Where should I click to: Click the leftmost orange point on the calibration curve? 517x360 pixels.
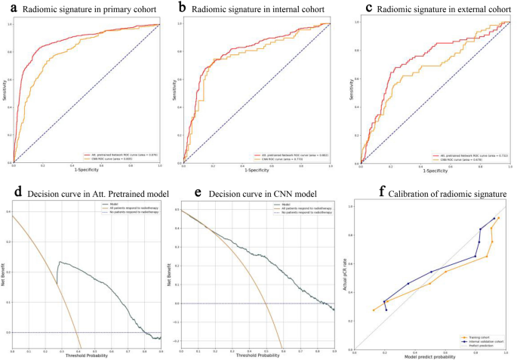[373, 310]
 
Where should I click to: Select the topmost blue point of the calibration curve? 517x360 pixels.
[494, 219]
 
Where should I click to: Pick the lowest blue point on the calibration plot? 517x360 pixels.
[386, 309]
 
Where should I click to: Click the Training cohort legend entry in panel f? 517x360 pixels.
[477, 338]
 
